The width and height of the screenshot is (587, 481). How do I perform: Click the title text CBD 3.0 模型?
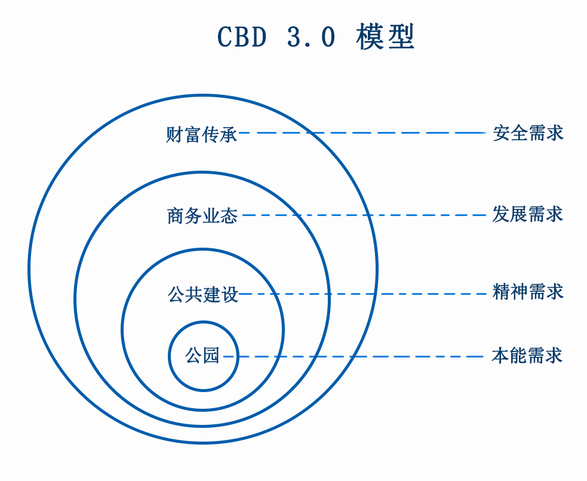point(316,38)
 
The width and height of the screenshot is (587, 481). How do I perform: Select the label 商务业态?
point(202,215)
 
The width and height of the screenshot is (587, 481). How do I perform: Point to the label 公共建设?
point(203,294)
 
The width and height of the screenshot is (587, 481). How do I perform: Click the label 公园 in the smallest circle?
point(202,356)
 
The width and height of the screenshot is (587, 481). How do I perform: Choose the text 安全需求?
point(528,133)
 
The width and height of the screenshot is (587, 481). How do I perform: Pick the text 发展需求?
point(528,214)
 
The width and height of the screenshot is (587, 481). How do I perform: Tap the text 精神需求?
point(528,292)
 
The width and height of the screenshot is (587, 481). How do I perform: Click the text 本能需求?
point(527,356)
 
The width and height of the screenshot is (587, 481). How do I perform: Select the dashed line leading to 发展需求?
point(364,215)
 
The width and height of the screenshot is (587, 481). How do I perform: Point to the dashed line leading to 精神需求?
point(364,294)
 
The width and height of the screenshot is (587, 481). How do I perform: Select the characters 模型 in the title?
point(385,38)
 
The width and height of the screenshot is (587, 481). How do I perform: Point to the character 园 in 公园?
point(211,356)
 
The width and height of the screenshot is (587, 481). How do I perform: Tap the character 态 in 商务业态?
point(229,215)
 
